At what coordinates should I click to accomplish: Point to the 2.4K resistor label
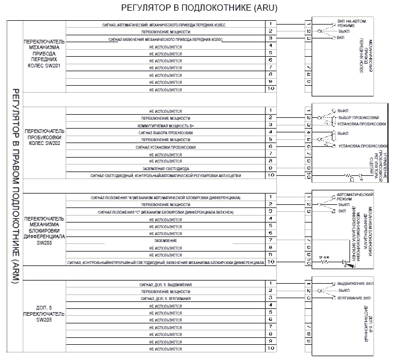tap(324, 258)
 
